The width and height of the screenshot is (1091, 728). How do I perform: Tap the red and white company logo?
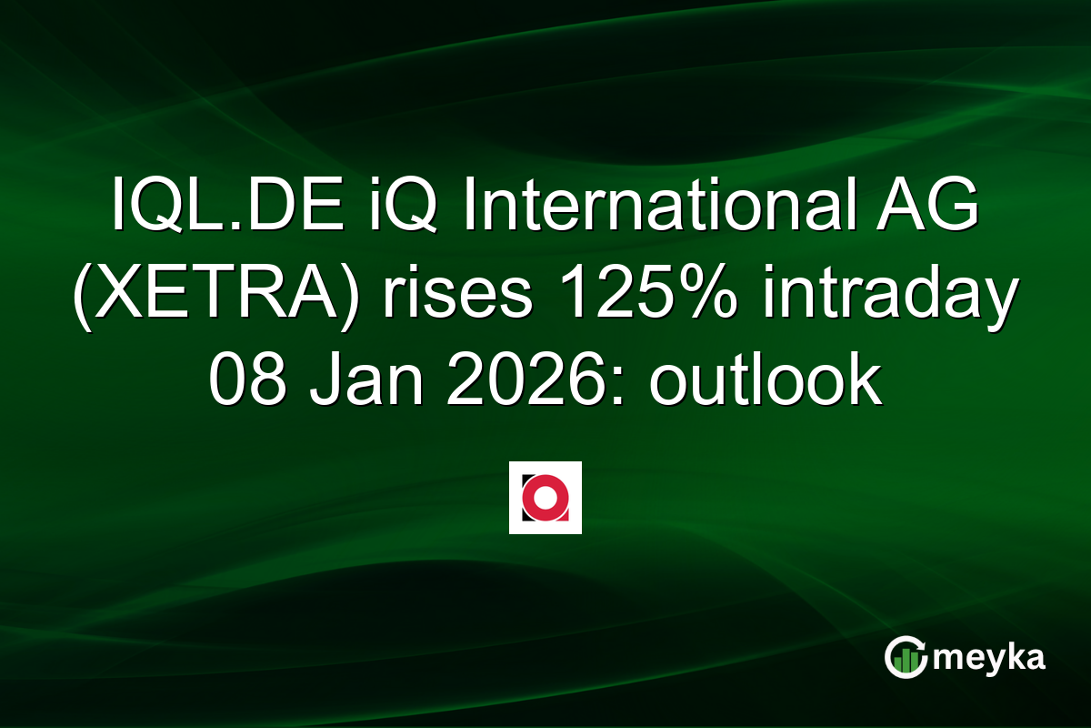(545, 498)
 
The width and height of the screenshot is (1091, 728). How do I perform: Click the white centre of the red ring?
(545, 498)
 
